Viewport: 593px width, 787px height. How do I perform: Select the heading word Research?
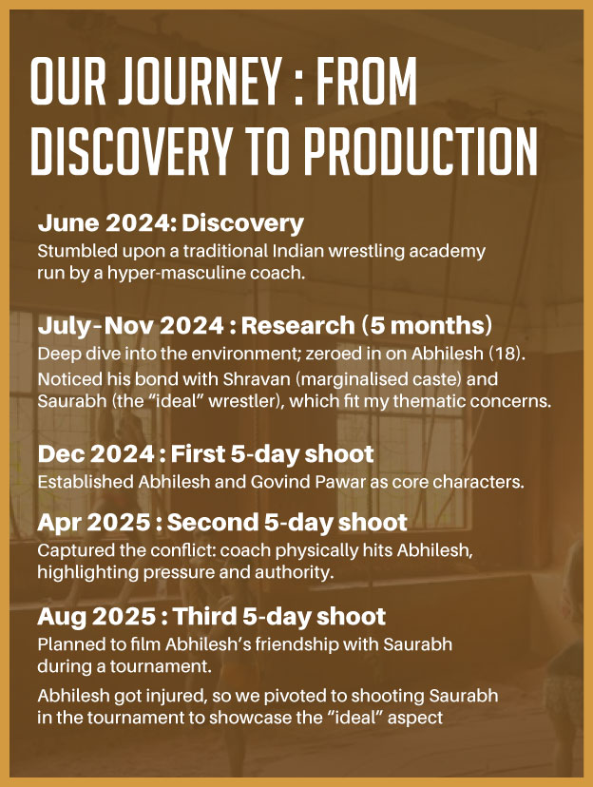coord(297,326)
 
